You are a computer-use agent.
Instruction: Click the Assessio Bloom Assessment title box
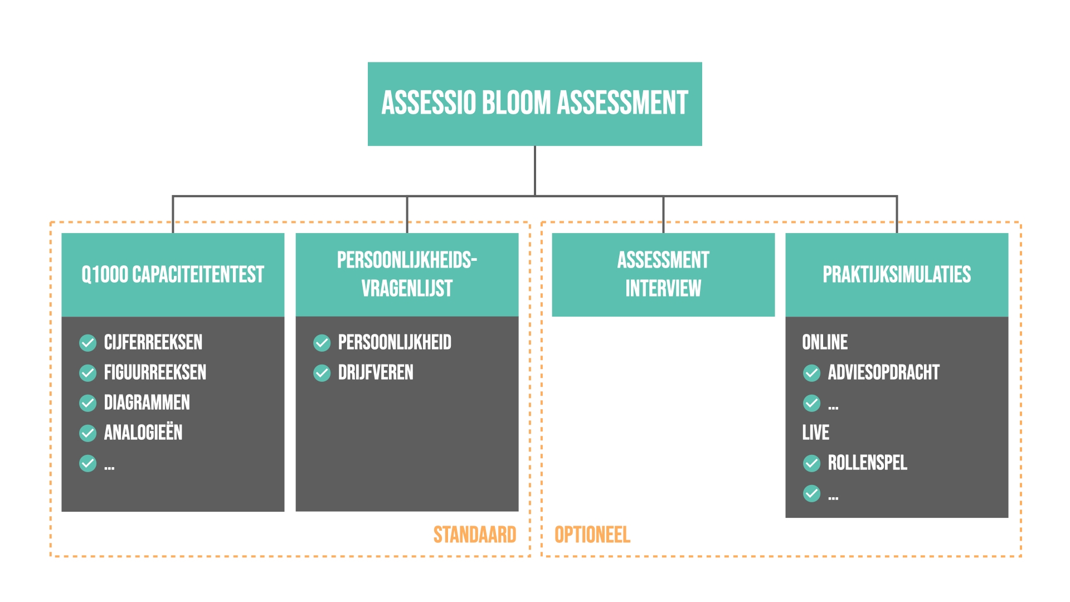534,104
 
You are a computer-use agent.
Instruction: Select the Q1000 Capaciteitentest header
173,274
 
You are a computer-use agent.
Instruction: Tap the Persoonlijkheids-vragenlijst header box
407,274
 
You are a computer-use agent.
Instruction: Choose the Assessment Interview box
663,274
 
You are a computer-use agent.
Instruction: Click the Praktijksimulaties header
897,274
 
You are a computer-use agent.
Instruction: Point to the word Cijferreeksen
153,342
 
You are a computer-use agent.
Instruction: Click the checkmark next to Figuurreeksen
88,373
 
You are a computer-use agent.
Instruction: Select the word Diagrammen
147,402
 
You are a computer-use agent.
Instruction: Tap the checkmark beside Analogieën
88,433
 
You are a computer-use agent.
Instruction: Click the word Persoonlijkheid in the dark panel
395,342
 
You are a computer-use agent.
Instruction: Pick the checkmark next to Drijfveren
322,373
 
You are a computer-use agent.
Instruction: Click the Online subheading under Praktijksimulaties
825,342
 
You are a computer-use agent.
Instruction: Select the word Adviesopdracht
883,372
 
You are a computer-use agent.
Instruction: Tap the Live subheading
815,433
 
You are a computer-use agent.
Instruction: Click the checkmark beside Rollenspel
812,463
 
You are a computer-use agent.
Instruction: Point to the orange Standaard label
475,535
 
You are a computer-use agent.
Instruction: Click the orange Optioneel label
592,535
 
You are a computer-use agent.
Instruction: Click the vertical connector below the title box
535,170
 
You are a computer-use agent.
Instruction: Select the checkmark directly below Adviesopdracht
812,403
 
